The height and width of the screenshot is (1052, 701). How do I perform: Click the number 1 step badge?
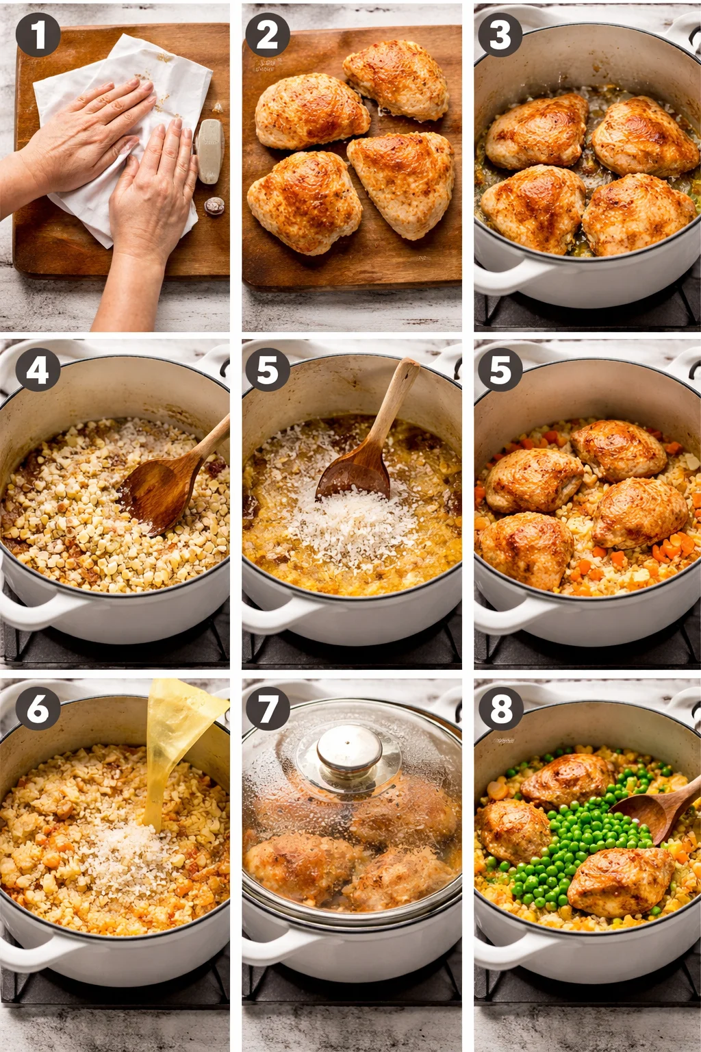[x=38, y=35]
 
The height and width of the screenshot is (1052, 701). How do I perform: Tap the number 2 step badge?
[x=267, y=35]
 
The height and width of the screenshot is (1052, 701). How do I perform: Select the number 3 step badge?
[x=500, y=35]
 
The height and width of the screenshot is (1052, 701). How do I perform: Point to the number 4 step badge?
[x=38, y=371]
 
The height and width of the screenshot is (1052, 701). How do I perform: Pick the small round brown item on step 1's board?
[x=214, y=205]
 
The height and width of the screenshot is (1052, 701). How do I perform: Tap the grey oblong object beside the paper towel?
[x=209, y=151]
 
